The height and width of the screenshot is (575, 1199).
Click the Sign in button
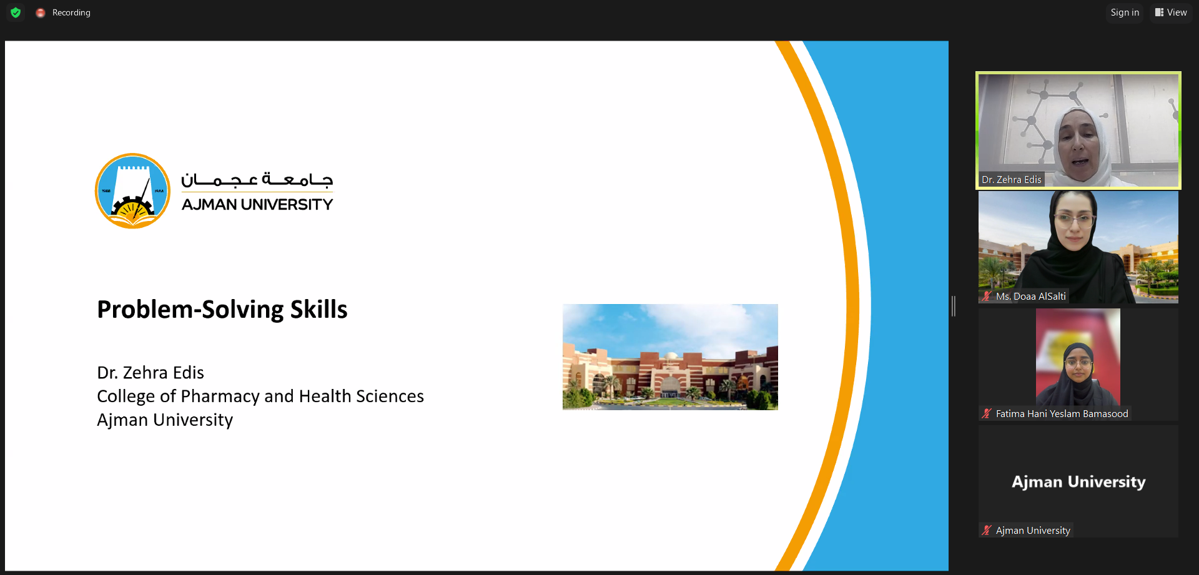coord(1125,12)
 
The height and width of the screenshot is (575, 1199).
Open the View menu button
coord(1171,12)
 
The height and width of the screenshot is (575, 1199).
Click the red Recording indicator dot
coord(41,12)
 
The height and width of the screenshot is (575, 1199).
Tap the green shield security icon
coord(16,12)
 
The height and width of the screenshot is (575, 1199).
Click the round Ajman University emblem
coord(132,191)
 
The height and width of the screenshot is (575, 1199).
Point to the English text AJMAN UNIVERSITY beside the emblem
coord(257,204)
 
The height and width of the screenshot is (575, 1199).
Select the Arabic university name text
coord(257,179)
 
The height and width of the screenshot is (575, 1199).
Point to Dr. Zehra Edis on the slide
coord(150,373)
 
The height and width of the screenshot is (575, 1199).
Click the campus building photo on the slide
coord(670,356)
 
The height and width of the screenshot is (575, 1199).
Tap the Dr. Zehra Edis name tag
coord(1012,180)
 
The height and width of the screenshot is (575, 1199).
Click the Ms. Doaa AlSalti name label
coord(1031,297)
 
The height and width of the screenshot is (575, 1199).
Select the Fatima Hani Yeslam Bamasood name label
coord(1062,413)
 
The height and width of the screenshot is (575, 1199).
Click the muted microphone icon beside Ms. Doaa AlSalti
coord(987,296)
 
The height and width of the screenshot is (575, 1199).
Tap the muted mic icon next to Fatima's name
coord(987,413)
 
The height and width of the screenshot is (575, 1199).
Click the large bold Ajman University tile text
coord(1078,482)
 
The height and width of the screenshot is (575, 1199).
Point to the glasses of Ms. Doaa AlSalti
coord(1074,220)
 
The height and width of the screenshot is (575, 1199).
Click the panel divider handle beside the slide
coord(954,306)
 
